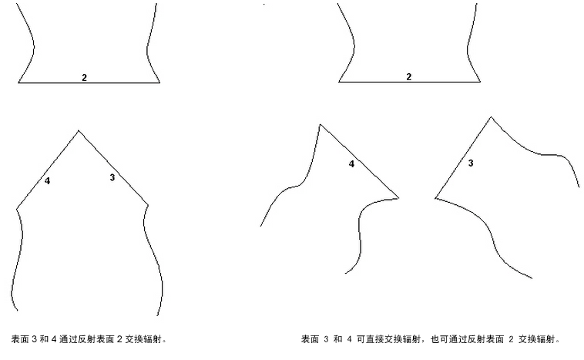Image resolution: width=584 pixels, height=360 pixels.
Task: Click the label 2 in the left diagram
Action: click(84, 78)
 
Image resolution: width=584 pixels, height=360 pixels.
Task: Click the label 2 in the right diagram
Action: click(408, 77)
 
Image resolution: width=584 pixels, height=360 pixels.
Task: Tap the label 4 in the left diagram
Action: click(47, 180)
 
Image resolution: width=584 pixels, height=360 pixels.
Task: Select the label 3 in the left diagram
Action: click(112, 177)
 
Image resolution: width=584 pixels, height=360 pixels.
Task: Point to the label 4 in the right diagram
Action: click(351, 163)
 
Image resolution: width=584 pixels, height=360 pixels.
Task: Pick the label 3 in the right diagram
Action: click(471, 163)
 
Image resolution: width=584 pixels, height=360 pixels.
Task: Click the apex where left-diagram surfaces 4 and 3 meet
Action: click(79, 130)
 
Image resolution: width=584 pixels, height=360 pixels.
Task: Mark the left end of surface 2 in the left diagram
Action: click(18, 82)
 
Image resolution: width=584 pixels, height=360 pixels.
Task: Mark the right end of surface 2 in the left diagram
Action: click(159, 82)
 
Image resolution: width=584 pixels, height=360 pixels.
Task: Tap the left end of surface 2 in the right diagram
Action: click(338, 81)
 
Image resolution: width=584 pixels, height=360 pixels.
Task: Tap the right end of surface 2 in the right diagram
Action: click(481, 81)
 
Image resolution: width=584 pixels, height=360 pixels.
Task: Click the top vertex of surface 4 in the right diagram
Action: click(321, 124)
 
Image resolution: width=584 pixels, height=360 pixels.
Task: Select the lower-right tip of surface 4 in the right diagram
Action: click(398, 198)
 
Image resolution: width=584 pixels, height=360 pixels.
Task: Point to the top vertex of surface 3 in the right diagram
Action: click(491, 117)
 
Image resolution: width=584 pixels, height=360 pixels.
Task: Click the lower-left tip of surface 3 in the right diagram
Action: click(435, 198)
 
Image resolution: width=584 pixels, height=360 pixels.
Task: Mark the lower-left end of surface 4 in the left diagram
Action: click(17, 208)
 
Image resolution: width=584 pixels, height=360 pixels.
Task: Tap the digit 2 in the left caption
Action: click(119, 339)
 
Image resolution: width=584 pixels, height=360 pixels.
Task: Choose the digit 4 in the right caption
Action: click(349, 339)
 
